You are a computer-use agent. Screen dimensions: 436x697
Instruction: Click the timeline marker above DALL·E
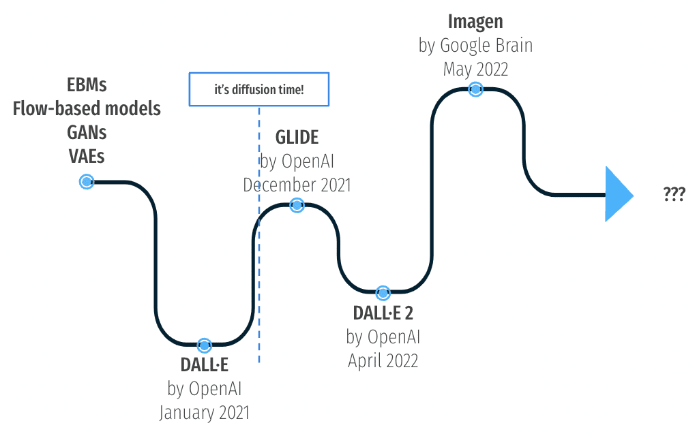click(x=203, y=345)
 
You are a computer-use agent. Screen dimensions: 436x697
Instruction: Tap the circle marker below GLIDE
click(x=297, y=204)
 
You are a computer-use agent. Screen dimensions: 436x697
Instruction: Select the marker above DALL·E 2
click(x=383, y=293)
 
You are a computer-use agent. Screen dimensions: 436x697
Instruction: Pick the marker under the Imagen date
click(x=475, y=89)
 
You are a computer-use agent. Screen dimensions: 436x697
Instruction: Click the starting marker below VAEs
click(x=87, y=182)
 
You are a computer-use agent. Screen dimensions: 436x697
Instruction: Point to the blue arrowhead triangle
click(x=617, y=195)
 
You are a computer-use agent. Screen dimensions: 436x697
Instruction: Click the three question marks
click(x=674, y=194)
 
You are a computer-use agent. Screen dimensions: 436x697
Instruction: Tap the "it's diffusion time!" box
click(x=258, y=89)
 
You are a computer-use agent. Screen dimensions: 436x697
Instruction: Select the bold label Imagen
click(x=475, y=22)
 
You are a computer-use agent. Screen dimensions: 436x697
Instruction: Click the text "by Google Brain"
click(x=475, y=46)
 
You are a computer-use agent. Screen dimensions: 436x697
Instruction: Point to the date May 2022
click(x=475, y=69)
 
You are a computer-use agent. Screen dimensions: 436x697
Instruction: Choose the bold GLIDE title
click(x=297, y=138)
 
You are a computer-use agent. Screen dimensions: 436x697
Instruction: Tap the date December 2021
click(x=297, y=185)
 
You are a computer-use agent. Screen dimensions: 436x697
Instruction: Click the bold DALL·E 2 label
click(x=383, y=313)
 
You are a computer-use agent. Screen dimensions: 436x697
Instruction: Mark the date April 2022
click(x=383, y=360)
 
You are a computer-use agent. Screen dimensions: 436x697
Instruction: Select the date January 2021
click(x=204, y=412)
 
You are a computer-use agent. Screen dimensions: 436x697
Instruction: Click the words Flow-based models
click(x=87, y=108)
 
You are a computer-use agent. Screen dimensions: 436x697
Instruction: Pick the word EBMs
click(x=87, y=85)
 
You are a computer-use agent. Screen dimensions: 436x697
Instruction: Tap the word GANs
click(x=87, y=131)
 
